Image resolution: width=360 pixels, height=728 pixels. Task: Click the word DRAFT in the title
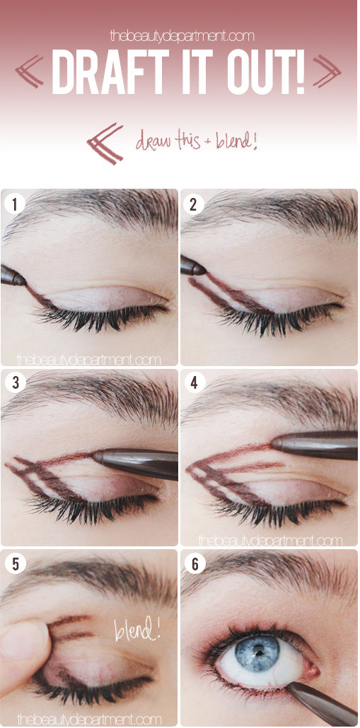(x=110, y=72)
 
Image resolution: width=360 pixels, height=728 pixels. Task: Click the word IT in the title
(x=197, y=72)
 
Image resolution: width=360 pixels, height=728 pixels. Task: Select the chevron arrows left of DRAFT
(x=29, y=71)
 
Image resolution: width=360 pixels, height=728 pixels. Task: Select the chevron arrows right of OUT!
(x=327, y=71)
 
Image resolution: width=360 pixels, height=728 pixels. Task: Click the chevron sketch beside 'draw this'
(x=105, y=143)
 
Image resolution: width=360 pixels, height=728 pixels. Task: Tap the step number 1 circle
(x=14, y=204)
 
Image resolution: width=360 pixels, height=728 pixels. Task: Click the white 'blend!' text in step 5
(x=137, y=627)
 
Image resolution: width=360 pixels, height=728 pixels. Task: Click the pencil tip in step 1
(x=24, y=281)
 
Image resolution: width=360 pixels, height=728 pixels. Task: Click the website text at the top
(x=182, y=35)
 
